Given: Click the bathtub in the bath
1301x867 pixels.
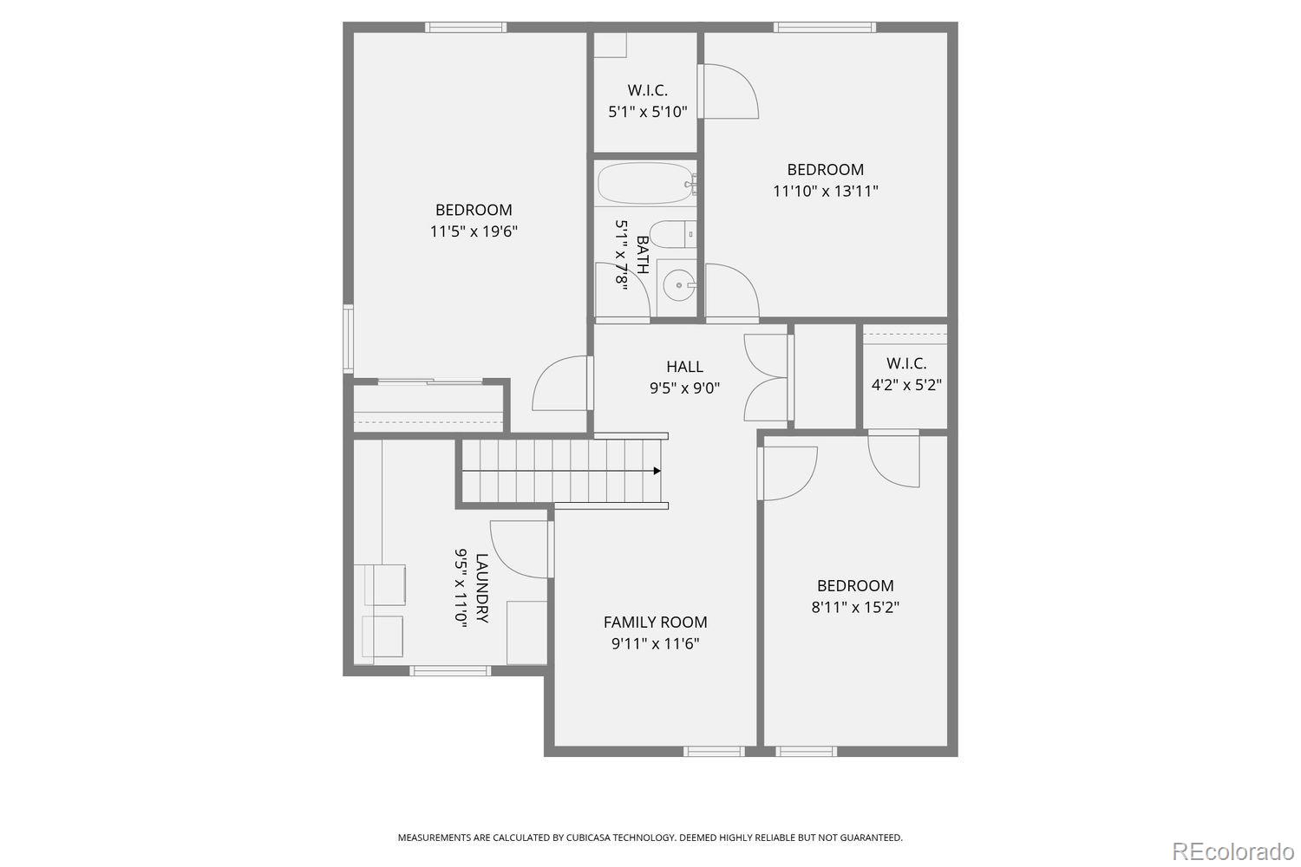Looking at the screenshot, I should (646, 183).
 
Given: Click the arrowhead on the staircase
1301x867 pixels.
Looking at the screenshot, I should (657, 471).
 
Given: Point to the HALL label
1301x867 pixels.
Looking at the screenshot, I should (684, 367).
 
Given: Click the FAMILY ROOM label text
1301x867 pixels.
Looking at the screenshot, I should (655, 623).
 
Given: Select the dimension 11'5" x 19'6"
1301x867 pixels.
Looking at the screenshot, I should (474, 231).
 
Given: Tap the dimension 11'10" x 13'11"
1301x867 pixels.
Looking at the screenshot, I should (825, 191).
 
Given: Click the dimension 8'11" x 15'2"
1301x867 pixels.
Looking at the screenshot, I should (854, 607).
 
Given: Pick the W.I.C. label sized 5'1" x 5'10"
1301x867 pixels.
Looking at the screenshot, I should (647, 90).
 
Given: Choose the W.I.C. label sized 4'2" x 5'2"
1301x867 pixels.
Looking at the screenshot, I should (905, 363).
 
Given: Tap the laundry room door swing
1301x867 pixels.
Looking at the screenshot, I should (519, 548).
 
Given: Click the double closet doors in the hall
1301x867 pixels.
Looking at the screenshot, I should (767, 377).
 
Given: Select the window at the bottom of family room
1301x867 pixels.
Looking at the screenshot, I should (713, 751).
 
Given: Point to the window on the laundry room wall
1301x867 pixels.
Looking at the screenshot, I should (449, 670).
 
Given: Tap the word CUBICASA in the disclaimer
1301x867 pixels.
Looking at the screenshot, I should (590, 838).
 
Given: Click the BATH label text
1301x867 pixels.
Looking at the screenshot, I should (643, 254).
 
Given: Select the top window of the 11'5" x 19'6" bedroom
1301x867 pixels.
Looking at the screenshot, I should (465, 27).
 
